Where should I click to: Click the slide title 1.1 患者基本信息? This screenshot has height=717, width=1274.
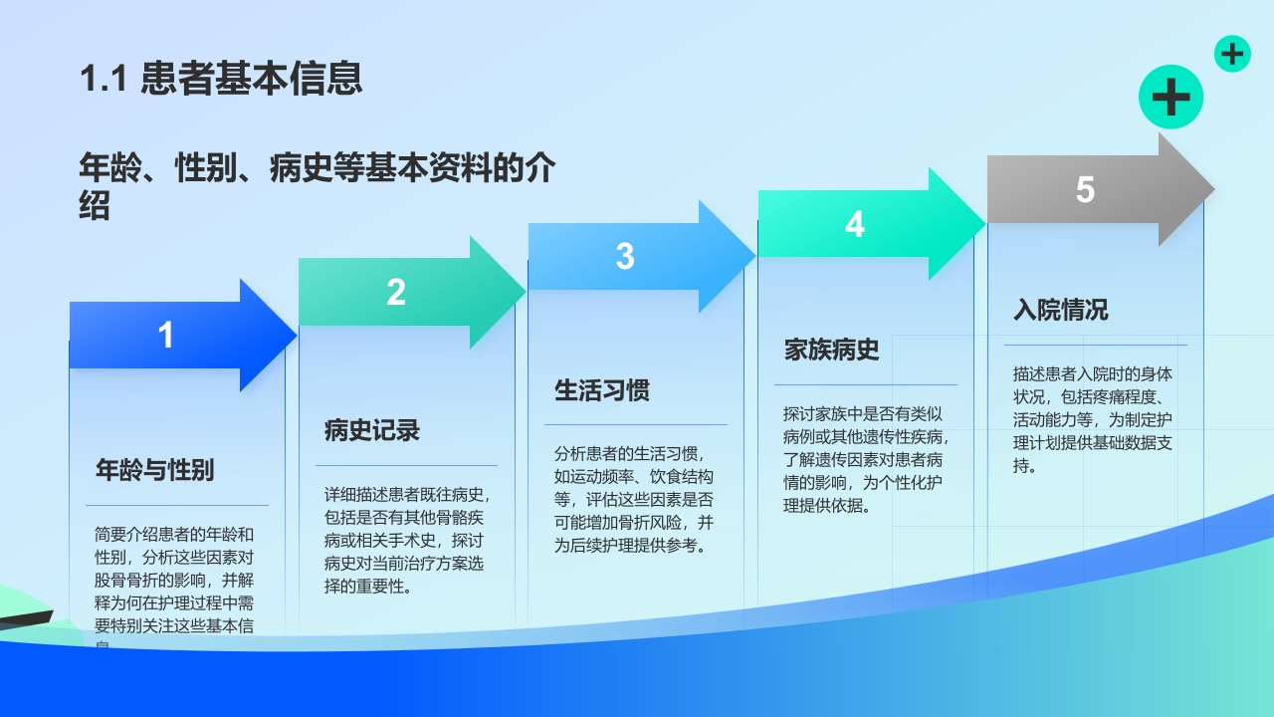click(x=221, y=79)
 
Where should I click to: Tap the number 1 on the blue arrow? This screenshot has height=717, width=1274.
click(x=166, y=336)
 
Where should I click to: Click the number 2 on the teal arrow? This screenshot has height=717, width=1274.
click(x=396, y=293)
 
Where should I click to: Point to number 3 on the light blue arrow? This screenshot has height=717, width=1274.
click(x=625, y=257)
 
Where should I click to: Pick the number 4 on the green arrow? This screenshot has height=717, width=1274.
click(x=855, y=224)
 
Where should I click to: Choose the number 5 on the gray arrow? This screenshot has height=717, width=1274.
click(x=1085, y=190)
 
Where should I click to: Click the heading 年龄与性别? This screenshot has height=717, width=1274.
click(x=154, y=470)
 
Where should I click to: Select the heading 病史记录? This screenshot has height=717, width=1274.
click(x=372, y=430)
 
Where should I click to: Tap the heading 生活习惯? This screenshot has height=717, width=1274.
click(x=602, y=390)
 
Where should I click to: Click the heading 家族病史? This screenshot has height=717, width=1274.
click(x=832, y=351)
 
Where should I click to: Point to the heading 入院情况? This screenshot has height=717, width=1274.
click(x=1061, y=310)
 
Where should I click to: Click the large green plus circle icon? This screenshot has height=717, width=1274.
click(x=1170, y=98)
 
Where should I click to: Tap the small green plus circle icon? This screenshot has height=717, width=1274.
click(x=1232, y=54)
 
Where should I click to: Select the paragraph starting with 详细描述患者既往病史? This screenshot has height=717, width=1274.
click(x=406, y=541)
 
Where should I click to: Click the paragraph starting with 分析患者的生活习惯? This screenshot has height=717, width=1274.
click(x=635, y=499)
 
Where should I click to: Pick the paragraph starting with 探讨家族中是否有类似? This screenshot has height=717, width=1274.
click(x=864, y=459)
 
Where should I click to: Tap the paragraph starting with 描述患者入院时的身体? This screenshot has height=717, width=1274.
click(x=1093, y=419)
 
